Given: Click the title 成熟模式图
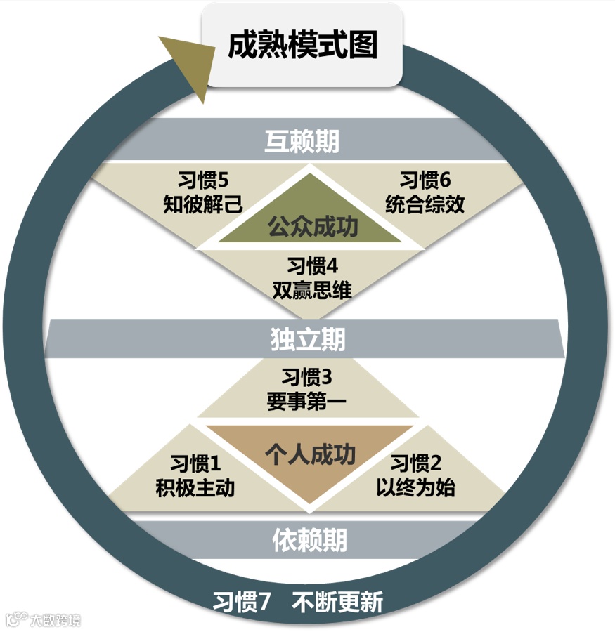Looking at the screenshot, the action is (302, 46).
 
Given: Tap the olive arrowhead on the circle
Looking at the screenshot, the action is (185, 65).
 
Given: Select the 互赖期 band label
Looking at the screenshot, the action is (302, 141).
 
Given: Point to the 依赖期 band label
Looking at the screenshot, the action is (309, 540).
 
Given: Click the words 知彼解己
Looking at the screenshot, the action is (199, 204).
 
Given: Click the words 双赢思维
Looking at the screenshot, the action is (312, 290).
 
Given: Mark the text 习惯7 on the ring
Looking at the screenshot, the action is (242, 603).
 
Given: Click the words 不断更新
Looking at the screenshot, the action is (339, 603).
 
